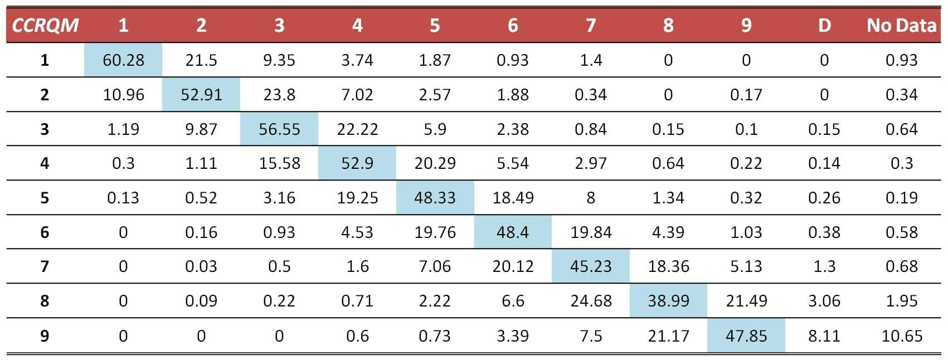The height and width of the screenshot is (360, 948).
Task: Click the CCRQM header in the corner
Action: coord(45,25)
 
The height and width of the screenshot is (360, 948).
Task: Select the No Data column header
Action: coord(901,25)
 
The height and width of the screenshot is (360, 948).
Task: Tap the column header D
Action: coord(824,25)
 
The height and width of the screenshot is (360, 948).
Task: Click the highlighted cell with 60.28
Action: coord(123,60)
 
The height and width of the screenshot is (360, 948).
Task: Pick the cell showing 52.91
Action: coord(201,95)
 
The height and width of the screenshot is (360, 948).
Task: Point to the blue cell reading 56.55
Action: coord(279,129)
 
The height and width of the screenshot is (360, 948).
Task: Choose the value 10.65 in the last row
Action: coord(901,336)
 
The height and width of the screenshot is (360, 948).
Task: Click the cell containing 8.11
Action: coord(824,336)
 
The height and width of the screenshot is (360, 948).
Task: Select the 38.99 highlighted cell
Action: coord(668,301)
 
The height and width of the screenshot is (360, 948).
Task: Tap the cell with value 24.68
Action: coord(591,301)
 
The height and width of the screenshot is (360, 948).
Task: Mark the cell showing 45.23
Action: coord(591,266)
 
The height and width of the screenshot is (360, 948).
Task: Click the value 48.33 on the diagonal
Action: coord(435,198)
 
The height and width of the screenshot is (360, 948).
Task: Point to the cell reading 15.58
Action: coord(279,163)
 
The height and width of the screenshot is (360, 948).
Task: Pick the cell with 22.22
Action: coord(357,129)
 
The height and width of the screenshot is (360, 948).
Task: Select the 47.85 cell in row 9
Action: coord(746,336)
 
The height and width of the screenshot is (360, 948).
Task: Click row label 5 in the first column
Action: coord(45,198)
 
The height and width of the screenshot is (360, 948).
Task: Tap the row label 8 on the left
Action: coord(45,301)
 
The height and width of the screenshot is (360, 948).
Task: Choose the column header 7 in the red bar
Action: coord(591,25)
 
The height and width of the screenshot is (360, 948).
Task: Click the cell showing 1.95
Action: coord(901,301)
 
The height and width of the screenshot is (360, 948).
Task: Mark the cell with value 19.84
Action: coord(591,232)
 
